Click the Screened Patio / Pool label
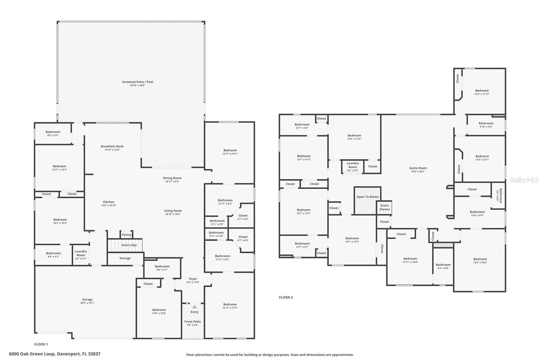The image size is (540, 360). coord(137,82)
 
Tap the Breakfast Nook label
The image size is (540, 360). coord(112,147)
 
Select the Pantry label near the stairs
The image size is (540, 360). coord(127,235)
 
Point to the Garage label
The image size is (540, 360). coord(87,300)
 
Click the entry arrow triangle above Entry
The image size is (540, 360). coord(194,307)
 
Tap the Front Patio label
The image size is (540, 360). coord(192,322)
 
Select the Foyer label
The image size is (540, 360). coord(193,279)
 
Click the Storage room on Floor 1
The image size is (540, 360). coord(125,258)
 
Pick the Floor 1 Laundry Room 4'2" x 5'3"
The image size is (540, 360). coord(81,253)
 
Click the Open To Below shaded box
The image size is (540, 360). coord(367,201)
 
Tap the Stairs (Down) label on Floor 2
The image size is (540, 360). coord(384,207)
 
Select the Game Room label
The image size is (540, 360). coord(418,168)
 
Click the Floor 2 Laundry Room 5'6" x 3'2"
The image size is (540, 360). coord(352,165)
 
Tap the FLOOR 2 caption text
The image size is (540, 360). coord(286,298)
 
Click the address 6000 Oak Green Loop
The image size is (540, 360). coord(55,354)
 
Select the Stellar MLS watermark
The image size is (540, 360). coord(524,180)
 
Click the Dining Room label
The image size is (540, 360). coord(172,178)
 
